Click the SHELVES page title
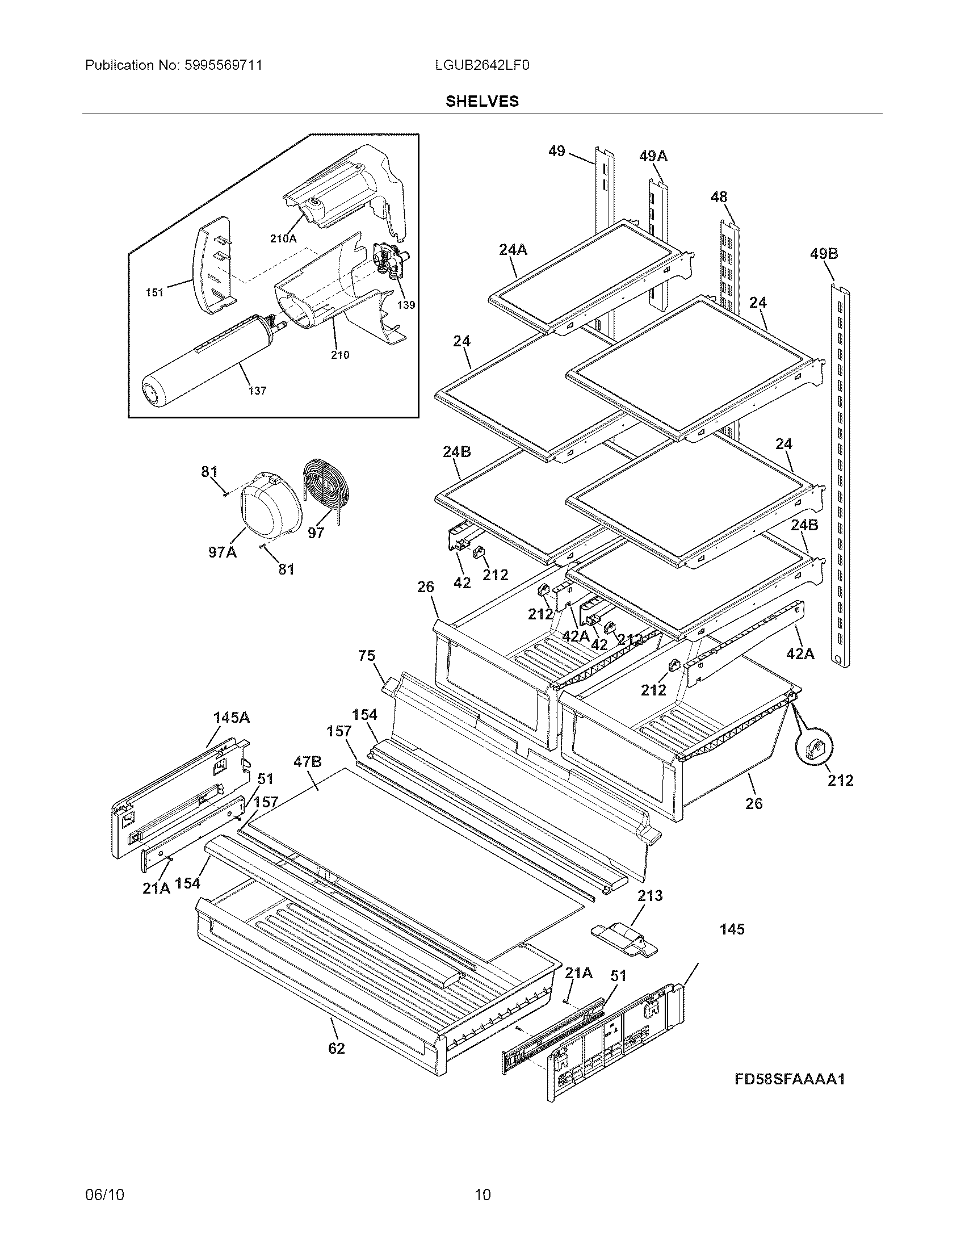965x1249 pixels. [482, 101]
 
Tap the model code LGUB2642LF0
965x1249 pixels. [482, 65]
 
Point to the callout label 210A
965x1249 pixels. [283, 239]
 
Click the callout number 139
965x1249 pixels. [406, 305]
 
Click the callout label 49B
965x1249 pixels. [824, 253]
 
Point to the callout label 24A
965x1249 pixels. [513, 249]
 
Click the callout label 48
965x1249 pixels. [719, 198]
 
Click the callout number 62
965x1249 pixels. [337, 1048]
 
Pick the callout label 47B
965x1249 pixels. [308, 762]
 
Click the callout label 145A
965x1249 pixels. [231, 717]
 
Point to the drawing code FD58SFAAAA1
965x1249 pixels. [790, 1079]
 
